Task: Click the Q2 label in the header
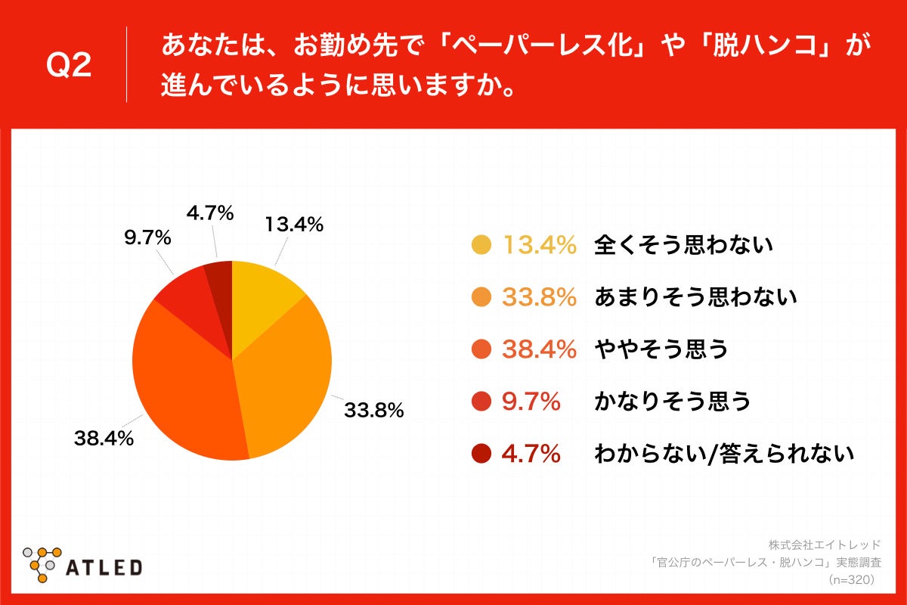coord(69,67)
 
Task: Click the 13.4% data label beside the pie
coord(294,225)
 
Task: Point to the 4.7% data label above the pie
coord(209,214)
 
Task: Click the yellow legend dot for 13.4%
coord(481,244)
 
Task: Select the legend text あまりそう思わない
coord(695,297)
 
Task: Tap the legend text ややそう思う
coord(661,349)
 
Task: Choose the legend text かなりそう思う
coord(672,401)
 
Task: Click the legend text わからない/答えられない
coord(723,453)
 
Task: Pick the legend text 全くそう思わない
coord(683,244)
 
